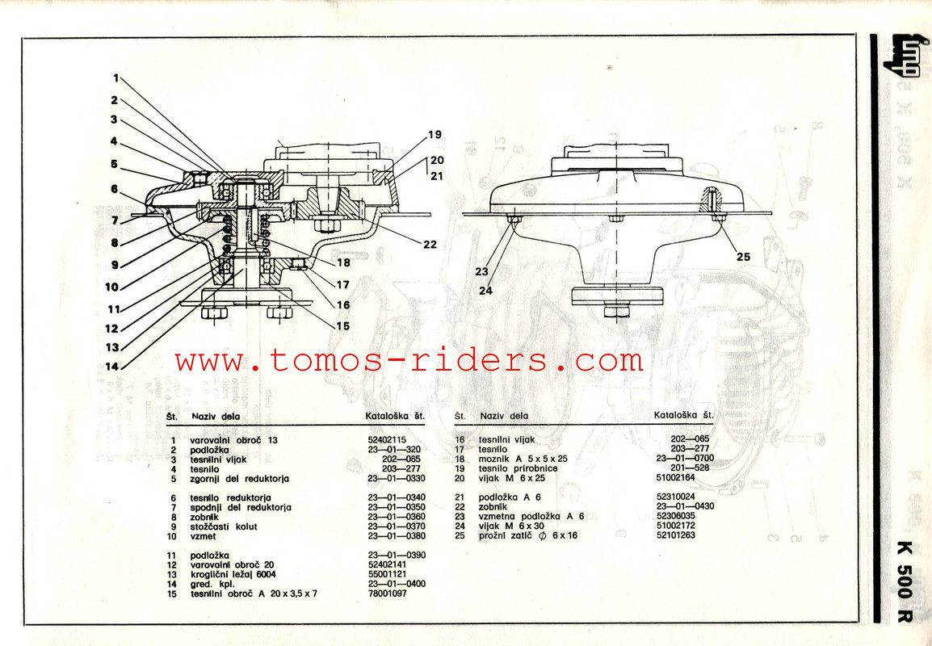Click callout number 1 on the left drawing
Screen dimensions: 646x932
point(115,78)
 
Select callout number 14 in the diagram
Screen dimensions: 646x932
point(113,366)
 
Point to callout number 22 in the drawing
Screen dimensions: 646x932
point(429,243)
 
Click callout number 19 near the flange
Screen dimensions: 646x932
point(435,134)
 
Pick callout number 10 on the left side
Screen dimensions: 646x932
point(111,287)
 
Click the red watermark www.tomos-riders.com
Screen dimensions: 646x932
point(409,360)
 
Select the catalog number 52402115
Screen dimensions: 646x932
point(385,439)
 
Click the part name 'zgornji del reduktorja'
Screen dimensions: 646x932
point(240,479)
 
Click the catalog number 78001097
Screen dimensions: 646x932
point(385,593)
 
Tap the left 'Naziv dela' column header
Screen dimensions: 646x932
point(213,417)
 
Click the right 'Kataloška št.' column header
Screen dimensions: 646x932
point(683,415)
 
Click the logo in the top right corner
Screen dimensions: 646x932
point(902,59)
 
